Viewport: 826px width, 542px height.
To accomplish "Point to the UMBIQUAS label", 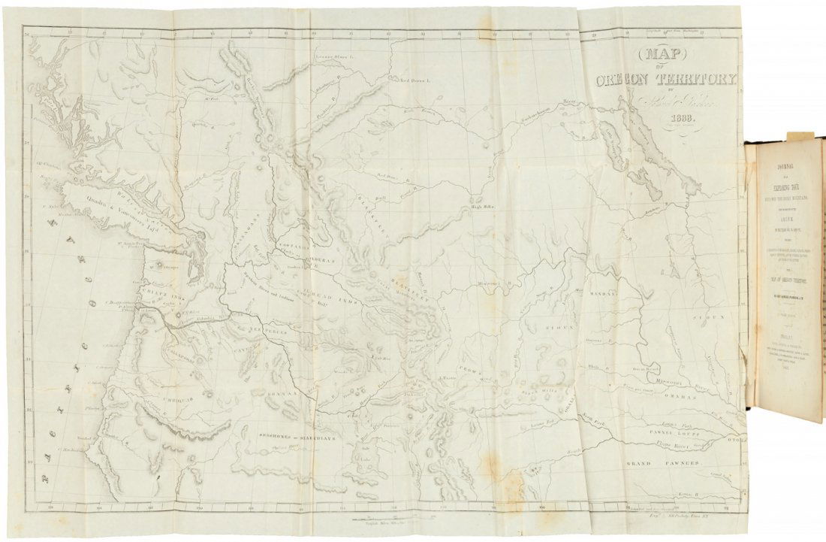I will click(x=179, y=401).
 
